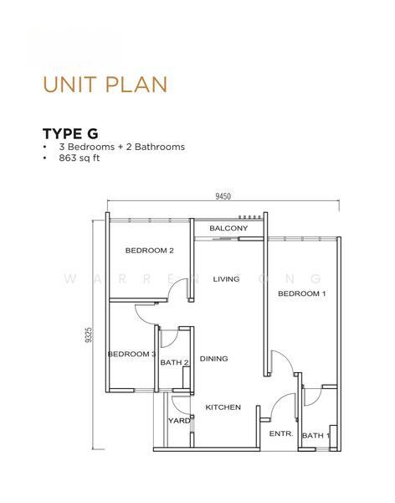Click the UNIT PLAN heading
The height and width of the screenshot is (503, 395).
click(x=105, y=84)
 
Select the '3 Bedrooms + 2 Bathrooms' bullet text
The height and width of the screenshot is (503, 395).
click(x=121, y=147)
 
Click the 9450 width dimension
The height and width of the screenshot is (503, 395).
click(x=222, y=196)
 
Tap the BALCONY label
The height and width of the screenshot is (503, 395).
click(x=228, y=228)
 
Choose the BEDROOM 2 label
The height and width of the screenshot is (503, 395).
click(x=149, y=251)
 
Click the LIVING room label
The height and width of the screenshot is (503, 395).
click(x=226, y=279)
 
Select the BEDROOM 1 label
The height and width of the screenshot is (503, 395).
click(x=302, y=293)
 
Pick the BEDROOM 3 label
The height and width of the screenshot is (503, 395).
click(x=131, y=355)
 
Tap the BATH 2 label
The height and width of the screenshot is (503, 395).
click(x=174, y=362)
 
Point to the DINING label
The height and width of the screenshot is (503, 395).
click(x=213, y=359)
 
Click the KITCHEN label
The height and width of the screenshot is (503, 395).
click(x=223, y=407)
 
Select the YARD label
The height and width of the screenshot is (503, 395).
click(x=179, y=421)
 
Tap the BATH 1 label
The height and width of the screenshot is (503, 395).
click(x=315, y=435)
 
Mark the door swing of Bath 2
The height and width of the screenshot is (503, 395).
click(x=168, y=338)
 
